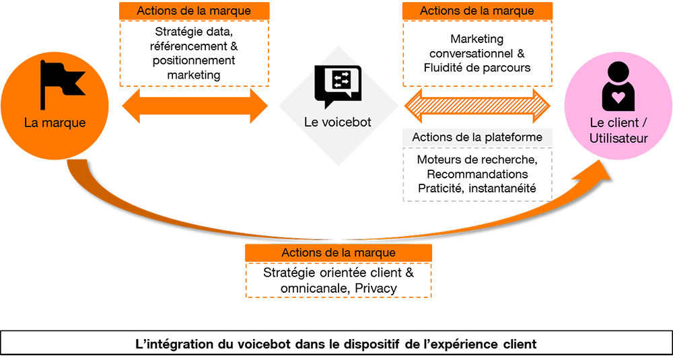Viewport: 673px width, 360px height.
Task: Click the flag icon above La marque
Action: (60, 84)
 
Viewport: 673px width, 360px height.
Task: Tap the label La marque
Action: (55, 122)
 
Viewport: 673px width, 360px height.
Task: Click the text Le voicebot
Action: (337, 122)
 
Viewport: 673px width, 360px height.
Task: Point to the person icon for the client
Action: (618, 87)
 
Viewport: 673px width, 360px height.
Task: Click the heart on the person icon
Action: (618, 98)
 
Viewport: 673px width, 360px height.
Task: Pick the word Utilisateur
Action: (618, 139)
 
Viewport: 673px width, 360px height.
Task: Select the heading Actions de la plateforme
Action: (476, 137)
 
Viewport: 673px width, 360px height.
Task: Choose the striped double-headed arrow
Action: (477, 105)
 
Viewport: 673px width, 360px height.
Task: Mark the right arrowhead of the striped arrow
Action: (546, 105)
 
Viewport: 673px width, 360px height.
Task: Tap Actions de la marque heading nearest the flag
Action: (194, 11)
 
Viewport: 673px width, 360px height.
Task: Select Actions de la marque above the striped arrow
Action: (476, 11)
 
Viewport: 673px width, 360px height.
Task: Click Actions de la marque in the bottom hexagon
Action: (339, 253)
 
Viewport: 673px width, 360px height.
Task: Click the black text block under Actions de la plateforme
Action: (476, 176)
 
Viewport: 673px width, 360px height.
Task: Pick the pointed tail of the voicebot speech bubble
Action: (328, 106)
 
